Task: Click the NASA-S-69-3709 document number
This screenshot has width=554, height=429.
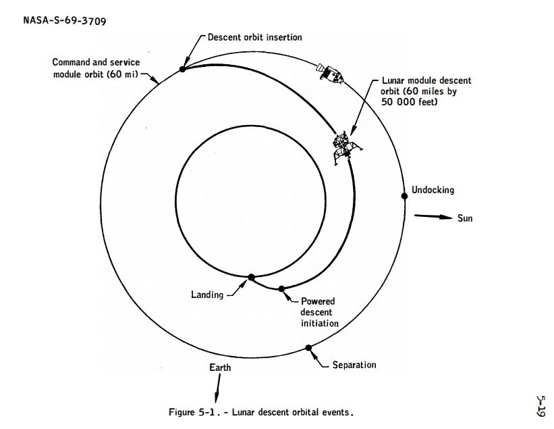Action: coord(65,20)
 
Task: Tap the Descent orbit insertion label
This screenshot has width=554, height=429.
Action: coord(255,37)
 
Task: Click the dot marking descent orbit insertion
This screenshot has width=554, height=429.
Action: coord(183,69)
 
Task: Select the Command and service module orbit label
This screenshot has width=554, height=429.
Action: coord(96,68)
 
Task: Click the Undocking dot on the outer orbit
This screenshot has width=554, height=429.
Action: coord(404,196)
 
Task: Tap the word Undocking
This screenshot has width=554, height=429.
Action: coord(433,190)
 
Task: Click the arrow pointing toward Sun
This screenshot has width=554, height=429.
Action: coord(432,218)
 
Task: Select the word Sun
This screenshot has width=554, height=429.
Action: coord(465,218)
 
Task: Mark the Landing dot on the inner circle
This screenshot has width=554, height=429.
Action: coord(251,277)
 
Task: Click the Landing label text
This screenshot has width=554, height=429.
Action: coord(207,295)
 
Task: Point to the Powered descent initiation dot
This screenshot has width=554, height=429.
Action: coord(281,288)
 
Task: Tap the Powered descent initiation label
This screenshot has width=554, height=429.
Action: coord(319,312)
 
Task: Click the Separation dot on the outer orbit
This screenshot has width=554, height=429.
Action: coord(308,348)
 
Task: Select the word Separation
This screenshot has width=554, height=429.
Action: coord(354,365)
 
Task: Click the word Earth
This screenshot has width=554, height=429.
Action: coord(220,368)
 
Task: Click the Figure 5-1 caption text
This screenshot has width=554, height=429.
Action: coord(261,411)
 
